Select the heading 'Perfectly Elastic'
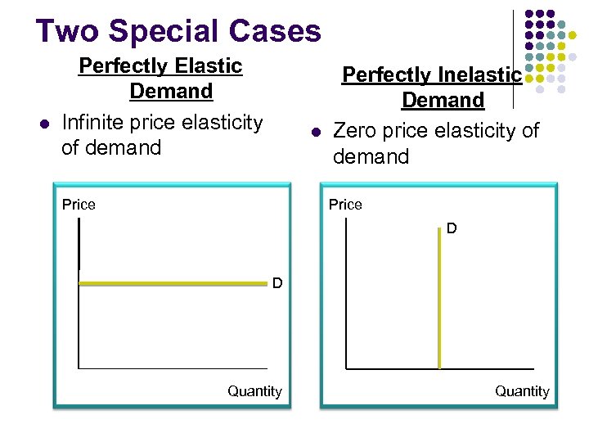[x=160, y=65]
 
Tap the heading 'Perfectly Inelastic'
[x=431, y=74]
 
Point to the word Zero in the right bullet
[x=359, y=130]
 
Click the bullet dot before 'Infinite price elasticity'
[x=45, y=124]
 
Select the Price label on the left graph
[x=79, y=205]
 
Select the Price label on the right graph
[x=345, y=205]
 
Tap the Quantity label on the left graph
[x=254, y=391]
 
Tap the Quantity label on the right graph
[x=522, y=391]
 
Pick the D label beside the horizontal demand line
[x=277, y=283]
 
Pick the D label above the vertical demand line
[x=452, y=229]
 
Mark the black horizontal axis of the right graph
[x=491, y=368]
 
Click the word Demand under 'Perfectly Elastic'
[x=171, y=91]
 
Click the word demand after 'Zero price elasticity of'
[x=371, y=156]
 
